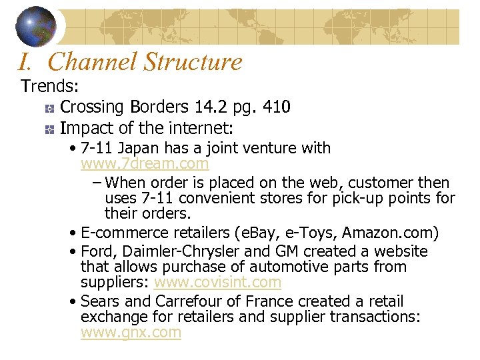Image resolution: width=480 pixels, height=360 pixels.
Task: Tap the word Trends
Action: pos(50,87)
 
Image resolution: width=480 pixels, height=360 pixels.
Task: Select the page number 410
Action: pos(276,107)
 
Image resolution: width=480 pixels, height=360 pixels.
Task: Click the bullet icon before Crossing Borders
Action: pos(49,108)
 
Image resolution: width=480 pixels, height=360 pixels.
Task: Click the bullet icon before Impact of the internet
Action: pos(49,128)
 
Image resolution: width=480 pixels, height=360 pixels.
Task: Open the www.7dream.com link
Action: pos(145,163)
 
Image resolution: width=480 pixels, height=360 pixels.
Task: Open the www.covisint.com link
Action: pos(217,282)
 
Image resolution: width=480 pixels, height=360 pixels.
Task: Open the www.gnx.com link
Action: pos(131,333)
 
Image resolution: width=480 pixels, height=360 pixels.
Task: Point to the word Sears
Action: pos(101,301)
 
